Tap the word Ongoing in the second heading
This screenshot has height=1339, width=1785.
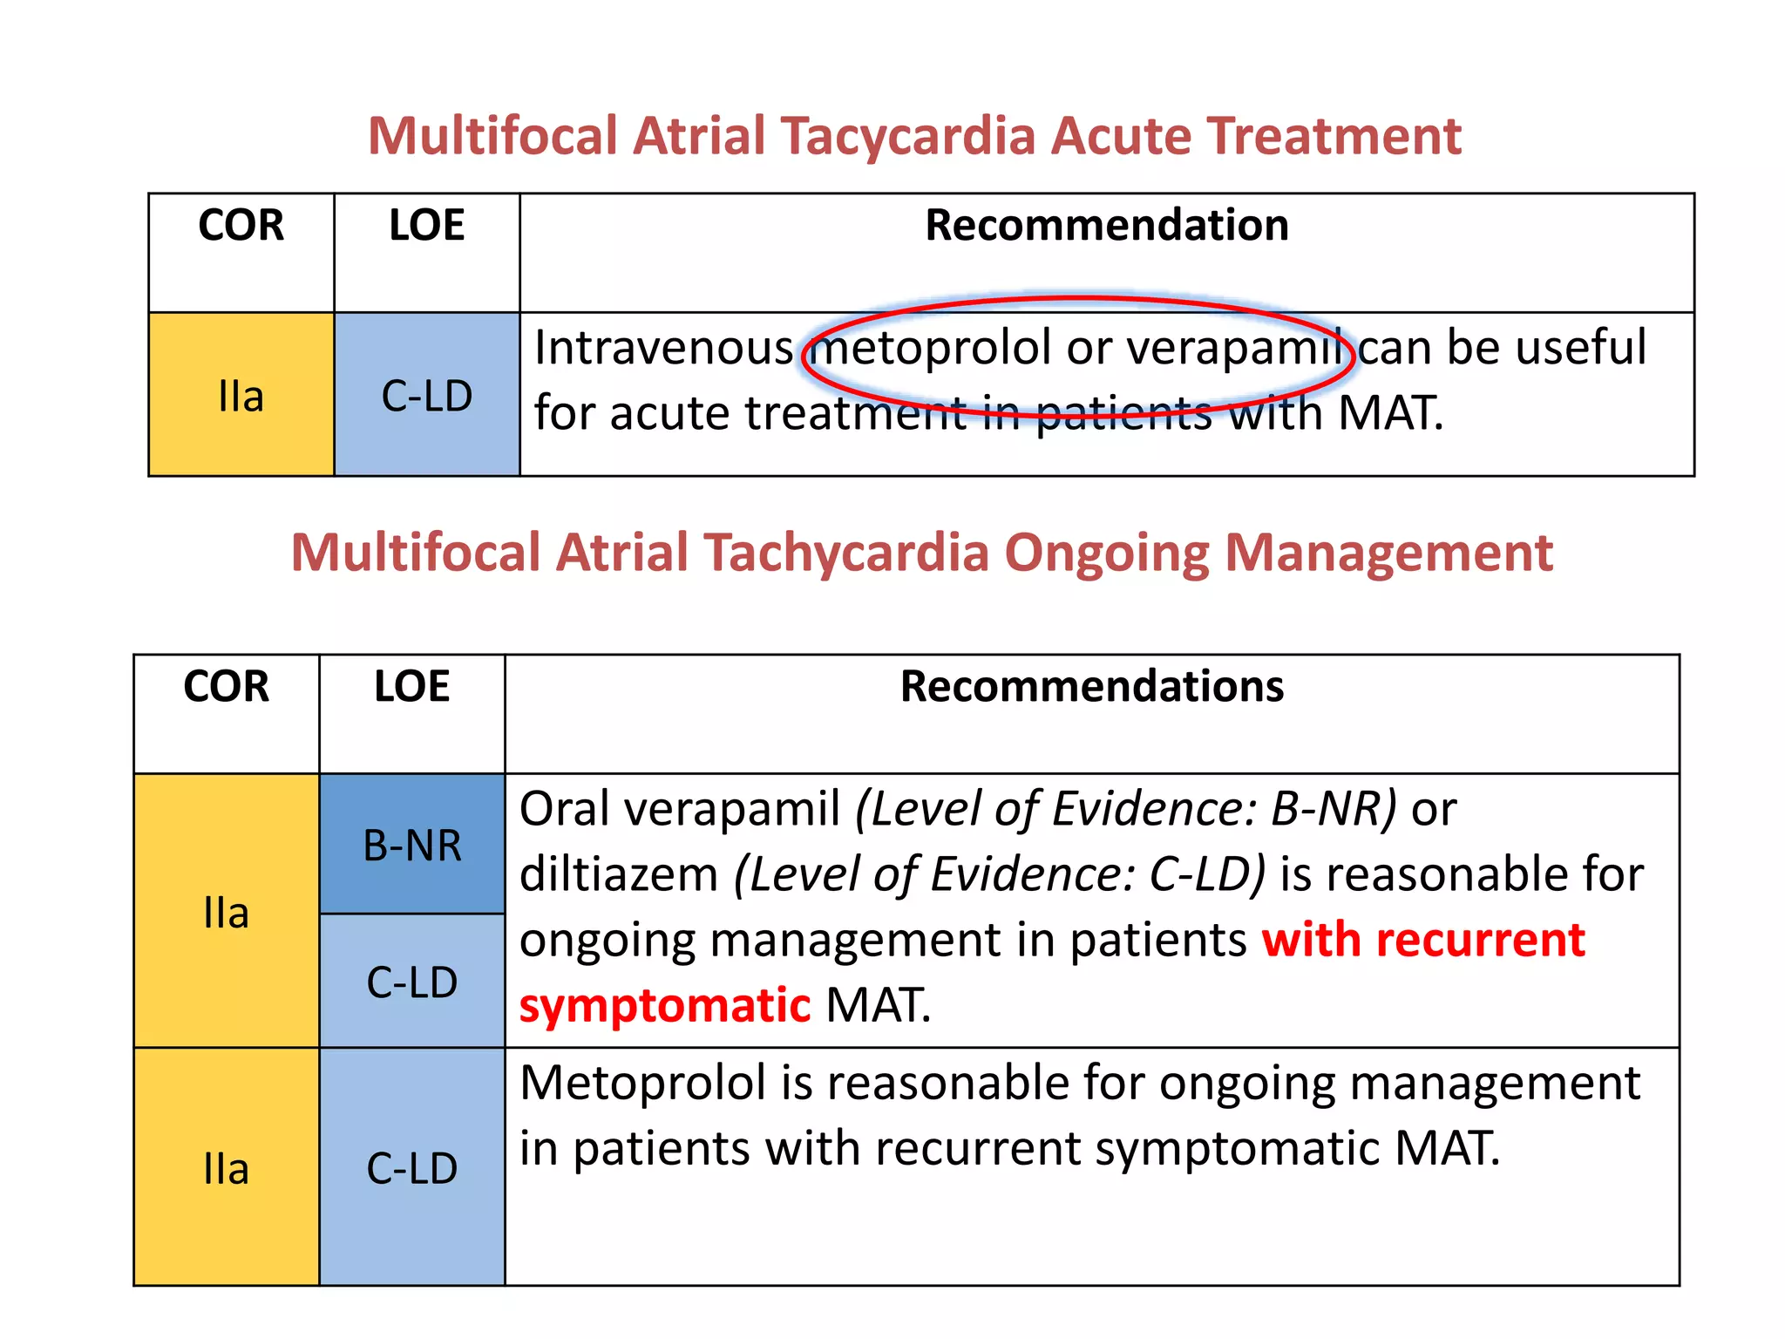pyautogui.click(x=1106, y=554)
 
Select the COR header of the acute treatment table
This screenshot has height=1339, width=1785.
pyautogui.click(x=241, y=226)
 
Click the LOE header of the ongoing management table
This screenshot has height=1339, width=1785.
pyautogui.click(x=411, y=686)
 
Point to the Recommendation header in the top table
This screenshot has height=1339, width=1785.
pyautogui.click(x=1106, y=226)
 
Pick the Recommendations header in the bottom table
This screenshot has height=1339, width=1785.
pyautogui.click(x=1091, y=686)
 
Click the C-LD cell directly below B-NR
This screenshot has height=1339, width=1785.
pyautogui.click(x=411, y=982)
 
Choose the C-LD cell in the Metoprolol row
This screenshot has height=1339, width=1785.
pyautogui.click(x=411, y=1168)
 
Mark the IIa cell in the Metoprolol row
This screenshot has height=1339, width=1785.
pyautogui.click(x=226, y=1168)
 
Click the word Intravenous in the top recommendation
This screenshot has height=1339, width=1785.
pyautogui.click(x=663, y=348)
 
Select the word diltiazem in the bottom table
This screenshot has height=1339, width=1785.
pyautogui.click(x=618, y=875)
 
